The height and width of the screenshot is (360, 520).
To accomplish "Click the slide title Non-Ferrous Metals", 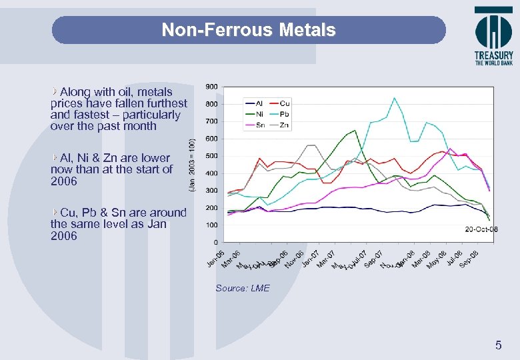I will click(x=249, y=30).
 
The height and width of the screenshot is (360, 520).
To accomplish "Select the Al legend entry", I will click(x=254, y=103).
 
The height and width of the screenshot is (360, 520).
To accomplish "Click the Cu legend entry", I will click(x=279, y=103).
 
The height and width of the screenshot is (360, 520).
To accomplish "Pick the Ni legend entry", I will click(x=254, y=114).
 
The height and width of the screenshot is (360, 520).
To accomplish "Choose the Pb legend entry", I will click(x=280, y=114).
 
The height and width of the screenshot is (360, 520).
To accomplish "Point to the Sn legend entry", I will click(x=254, y=125).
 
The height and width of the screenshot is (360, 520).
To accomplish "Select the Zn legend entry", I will click(x=280, y=125).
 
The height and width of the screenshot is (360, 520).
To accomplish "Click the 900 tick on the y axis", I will click(x=211, y=87).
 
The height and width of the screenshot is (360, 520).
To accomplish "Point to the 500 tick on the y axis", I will click(x=211, y=156).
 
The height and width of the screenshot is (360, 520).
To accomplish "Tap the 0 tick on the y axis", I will click(x=215, y=242).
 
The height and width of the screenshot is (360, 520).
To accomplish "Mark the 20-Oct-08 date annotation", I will click(x=481, y=229).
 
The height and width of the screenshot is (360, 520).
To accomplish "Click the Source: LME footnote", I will click(x=243, y=288).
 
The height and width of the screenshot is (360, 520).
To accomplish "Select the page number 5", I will click(x=497, y=345).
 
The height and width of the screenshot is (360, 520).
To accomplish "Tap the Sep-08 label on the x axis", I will click(x=469, y=259).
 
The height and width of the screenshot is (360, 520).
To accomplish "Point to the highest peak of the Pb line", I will click(x=394, y=98).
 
